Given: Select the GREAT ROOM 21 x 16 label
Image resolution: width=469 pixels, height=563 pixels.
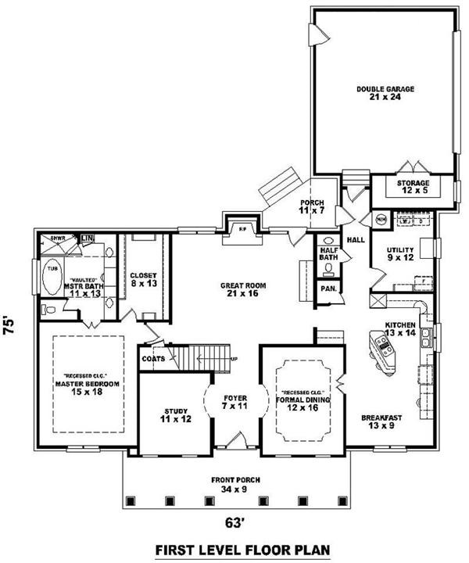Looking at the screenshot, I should tap(242, 290).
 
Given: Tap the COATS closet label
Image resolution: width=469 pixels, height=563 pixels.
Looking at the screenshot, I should tap(152, 359).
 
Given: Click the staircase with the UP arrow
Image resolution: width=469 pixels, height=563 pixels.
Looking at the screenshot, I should tap(209, 359).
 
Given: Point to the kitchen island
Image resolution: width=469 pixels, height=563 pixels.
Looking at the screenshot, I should tap(383, 351).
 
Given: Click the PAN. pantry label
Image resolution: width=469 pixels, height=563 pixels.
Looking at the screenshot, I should tap(328, 289).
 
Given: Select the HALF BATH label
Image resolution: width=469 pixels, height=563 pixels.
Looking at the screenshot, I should tap(328, 254).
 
